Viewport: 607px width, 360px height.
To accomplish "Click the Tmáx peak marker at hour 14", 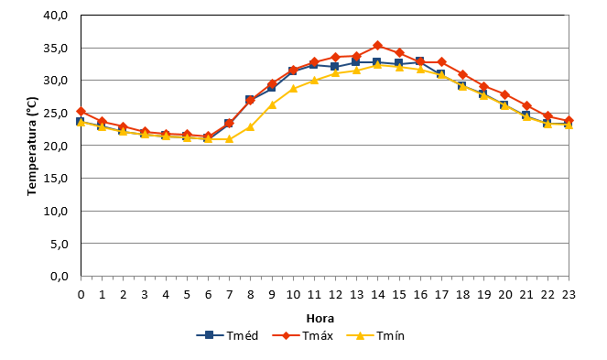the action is (x=378, y=46).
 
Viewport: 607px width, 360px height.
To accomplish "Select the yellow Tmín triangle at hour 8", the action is (x=251, y=126).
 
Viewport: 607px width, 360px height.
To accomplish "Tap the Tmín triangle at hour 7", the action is (x=229, y=138).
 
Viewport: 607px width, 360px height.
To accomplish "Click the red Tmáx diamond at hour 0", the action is (x=81, y=112).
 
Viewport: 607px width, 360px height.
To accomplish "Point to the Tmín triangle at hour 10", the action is (x=293, y=89).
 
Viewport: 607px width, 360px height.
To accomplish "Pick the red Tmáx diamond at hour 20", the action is (x=504, y=94).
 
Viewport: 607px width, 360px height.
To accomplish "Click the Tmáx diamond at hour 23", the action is (x=569, y=121).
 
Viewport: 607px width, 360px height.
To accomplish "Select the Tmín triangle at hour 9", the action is (x=272, y=104).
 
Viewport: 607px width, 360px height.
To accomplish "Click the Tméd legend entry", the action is (x=227, y=335).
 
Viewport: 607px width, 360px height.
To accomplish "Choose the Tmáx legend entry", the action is (x=303, y=335).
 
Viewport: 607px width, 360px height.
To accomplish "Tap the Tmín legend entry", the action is (x=375, y=335).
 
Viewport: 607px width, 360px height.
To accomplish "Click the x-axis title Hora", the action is (x=320, y=319).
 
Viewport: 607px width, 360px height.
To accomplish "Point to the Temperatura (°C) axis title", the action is (x=32, y=146).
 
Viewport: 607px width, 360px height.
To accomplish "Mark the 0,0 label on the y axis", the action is (x=60, y=277).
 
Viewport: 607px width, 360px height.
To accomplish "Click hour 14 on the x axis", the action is (x=378, y=295).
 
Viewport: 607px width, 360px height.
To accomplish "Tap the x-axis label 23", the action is (x=569, y=295).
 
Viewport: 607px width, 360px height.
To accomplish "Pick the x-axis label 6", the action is (x=208, y=295).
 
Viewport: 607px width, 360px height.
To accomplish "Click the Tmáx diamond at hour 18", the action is (x=462, y=74).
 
